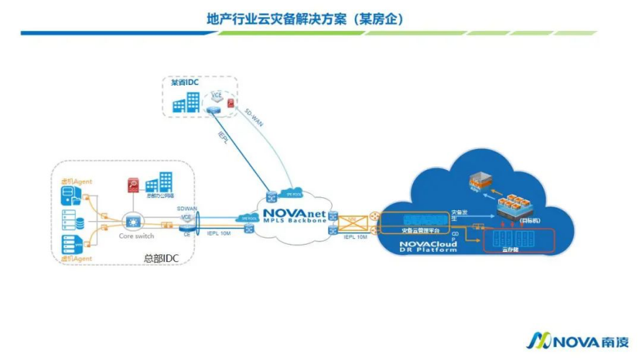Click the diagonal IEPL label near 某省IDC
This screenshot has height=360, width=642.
coord(224,140)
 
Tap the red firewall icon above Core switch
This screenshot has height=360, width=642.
coord(133,186)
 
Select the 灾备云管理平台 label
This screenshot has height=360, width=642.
coord(417,230)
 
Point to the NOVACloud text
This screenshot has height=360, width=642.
coord(428,244)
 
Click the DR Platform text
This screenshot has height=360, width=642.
coord(428,251)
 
